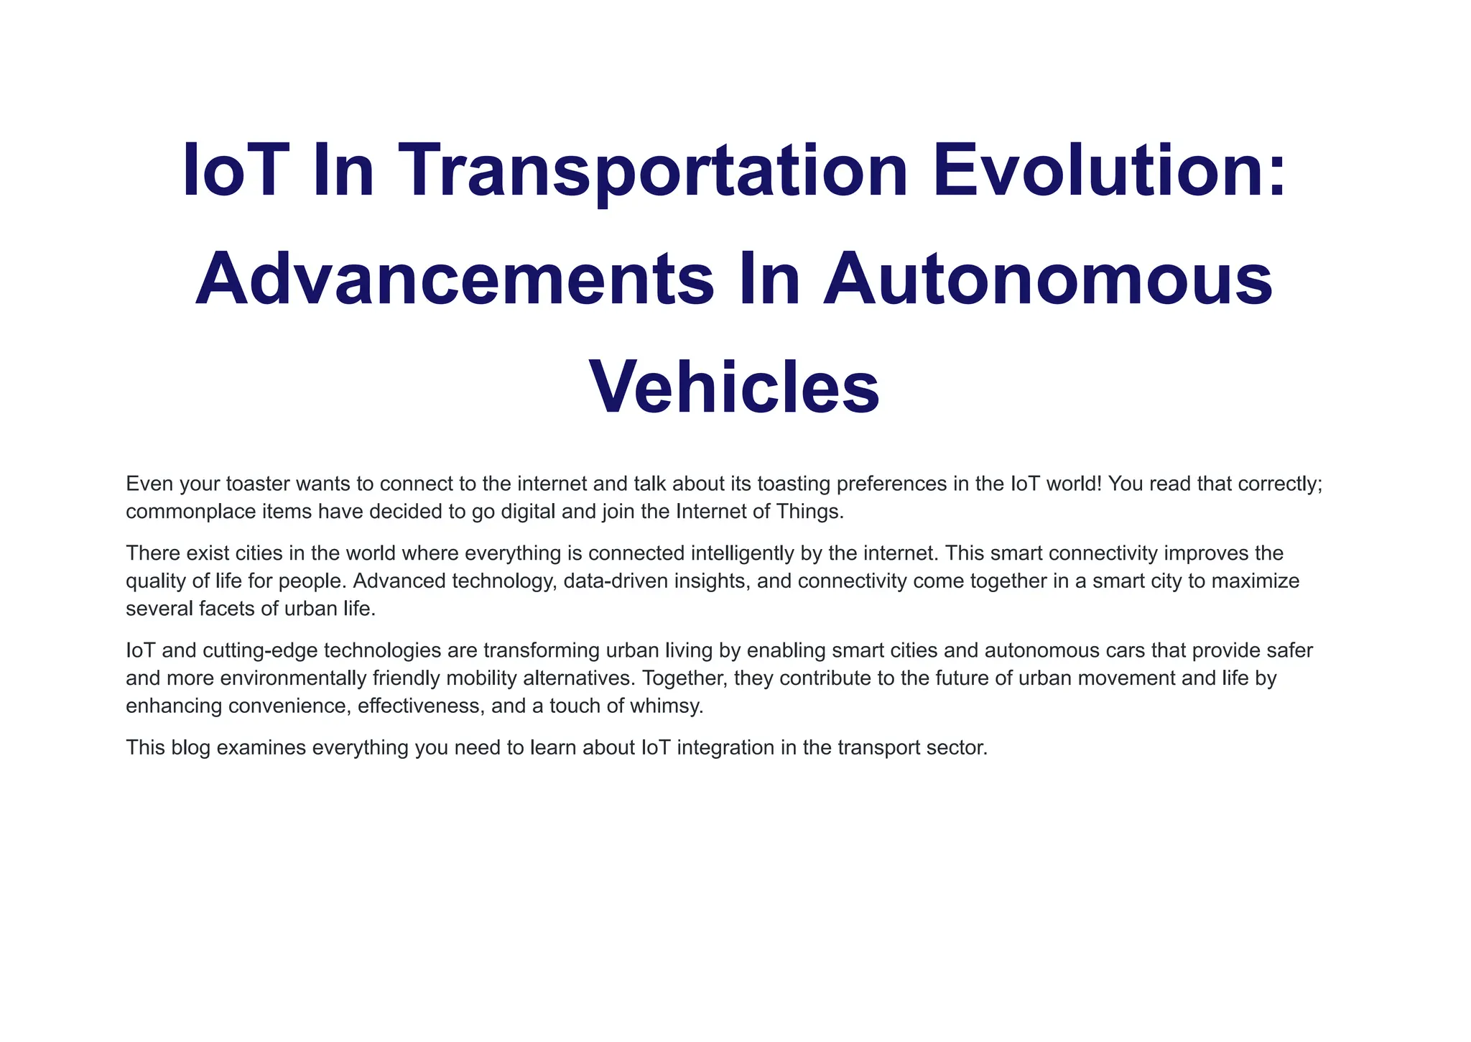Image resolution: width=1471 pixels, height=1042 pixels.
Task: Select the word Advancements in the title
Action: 455,280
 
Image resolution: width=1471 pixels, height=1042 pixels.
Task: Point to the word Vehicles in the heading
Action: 735,387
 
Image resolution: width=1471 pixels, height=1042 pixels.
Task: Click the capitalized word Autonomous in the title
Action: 1048,280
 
